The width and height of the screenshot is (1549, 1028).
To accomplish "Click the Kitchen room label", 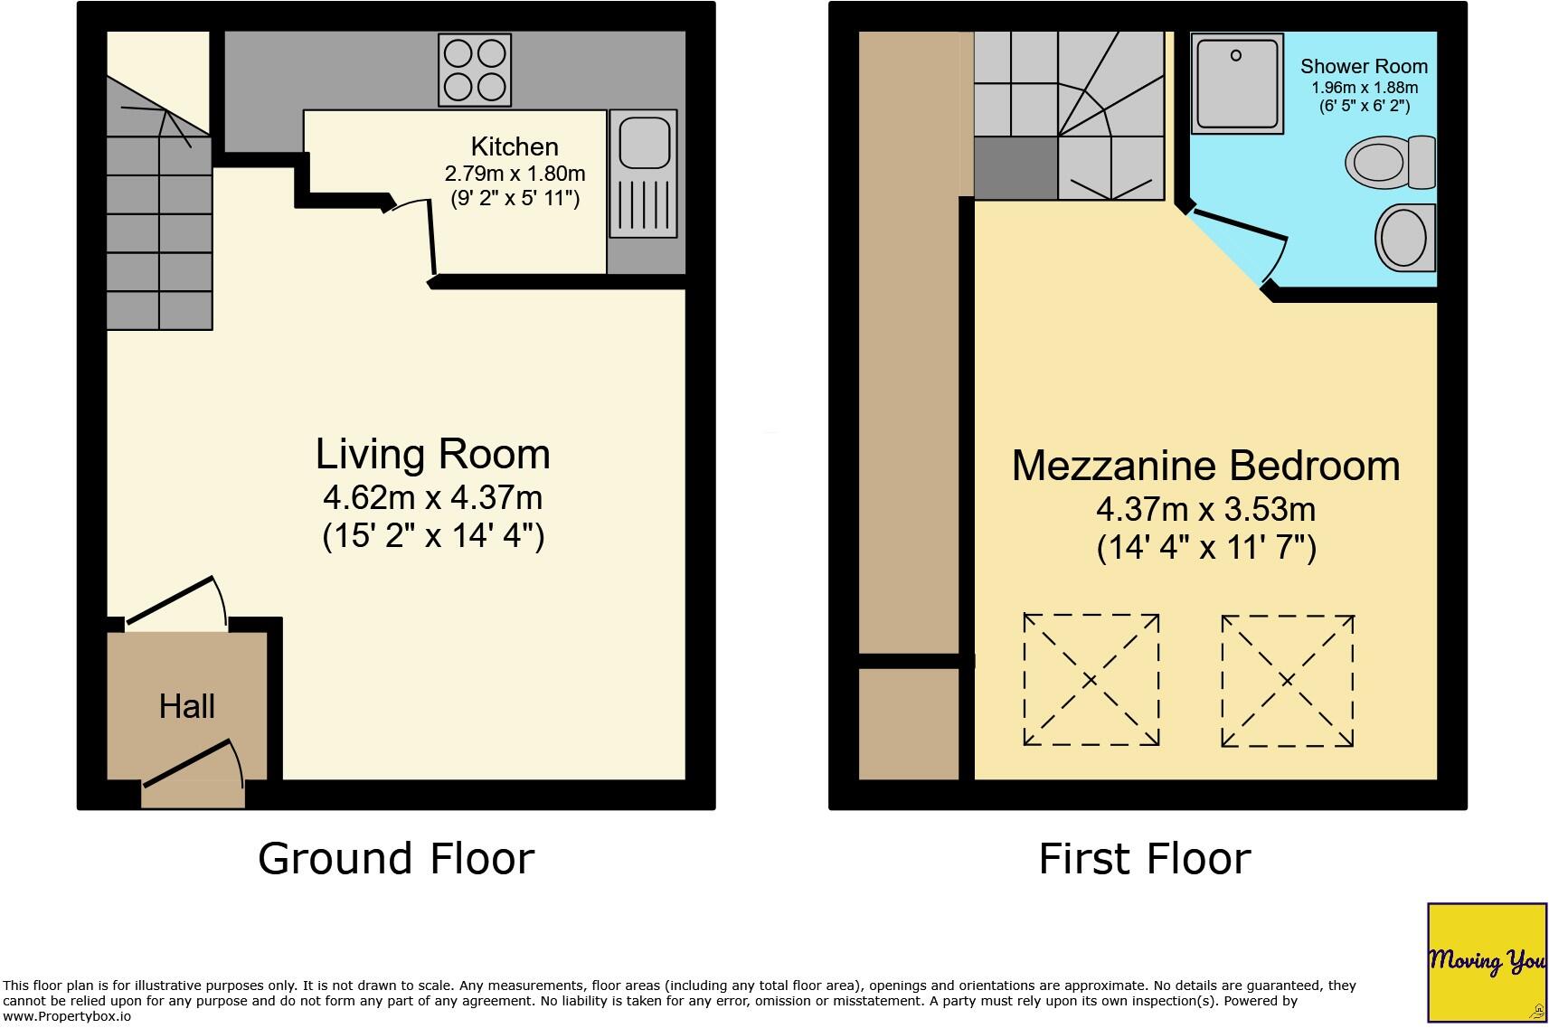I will pos(515,146).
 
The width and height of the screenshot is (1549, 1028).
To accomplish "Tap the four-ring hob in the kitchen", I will pos(475,71).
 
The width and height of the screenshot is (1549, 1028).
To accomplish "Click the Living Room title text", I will pos(432,454).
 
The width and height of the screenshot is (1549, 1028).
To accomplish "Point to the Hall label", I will pos(186,706).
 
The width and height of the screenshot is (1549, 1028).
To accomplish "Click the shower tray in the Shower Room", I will pos(1236,83).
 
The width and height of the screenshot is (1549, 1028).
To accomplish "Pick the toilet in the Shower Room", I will pos(1389,163).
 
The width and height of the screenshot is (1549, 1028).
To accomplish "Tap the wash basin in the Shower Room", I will pos(1405,238).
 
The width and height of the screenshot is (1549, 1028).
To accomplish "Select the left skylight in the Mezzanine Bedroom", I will pos(1091,680).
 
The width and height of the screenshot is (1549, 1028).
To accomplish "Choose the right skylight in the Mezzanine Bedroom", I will pos(1287,681).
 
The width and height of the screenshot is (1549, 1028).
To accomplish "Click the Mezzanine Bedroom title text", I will pos(1205,466).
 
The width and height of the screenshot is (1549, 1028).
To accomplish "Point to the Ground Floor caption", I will pos(396,858).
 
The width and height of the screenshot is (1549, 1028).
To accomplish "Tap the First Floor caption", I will pos(1144,858).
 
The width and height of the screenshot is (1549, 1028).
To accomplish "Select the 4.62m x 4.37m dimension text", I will pos(432,498).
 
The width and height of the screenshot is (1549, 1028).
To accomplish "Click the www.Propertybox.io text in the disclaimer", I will pos(68,1016).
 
